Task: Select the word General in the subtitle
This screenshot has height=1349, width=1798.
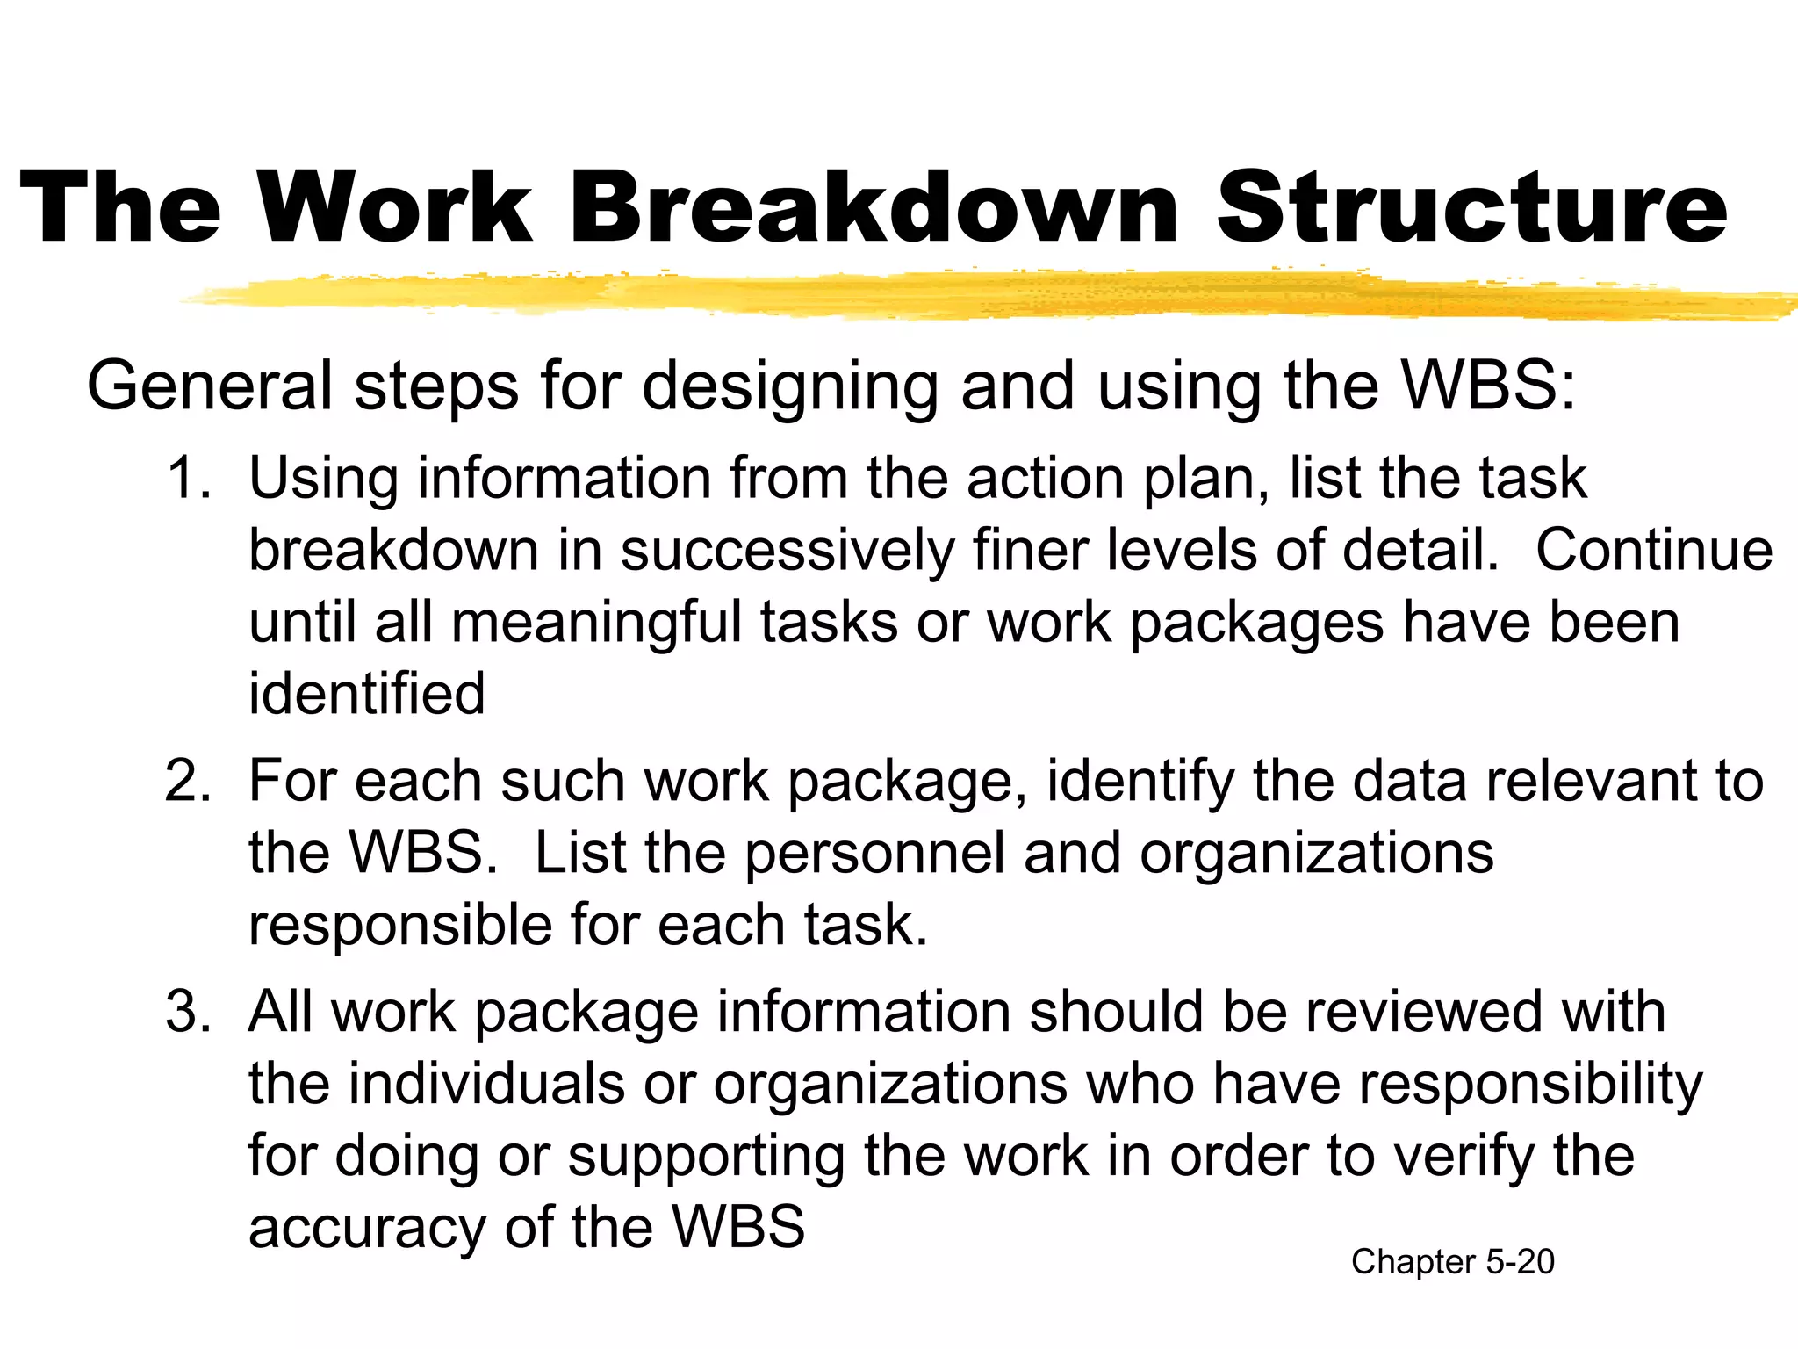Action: (x=210, y=386)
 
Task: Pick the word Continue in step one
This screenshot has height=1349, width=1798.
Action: (x=1654, y=551)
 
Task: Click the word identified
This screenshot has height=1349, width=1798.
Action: (x=367, y=694)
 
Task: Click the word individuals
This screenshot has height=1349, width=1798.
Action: (x=486, y=1084)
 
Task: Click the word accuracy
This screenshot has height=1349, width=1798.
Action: (x=367, y=1229)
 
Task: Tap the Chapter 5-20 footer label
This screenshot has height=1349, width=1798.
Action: (x=1452, y=1262)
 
